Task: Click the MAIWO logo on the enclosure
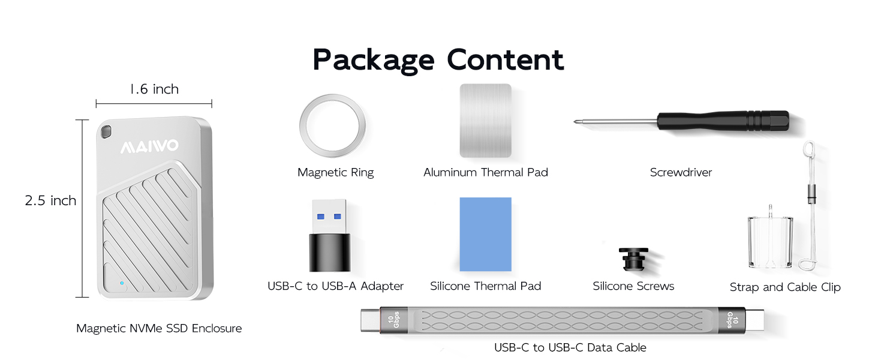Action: point(149,146)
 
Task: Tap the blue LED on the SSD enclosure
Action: point(122,283)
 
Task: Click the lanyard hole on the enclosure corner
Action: point(106,132)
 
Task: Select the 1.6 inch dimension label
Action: point(154,89)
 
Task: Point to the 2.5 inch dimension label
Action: point(50,200)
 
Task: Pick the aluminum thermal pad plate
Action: point(485,121)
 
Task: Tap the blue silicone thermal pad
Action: point(485,234)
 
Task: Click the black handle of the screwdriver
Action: point(723,121)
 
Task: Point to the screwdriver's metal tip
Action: point(575,122)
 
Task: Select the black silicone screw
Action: point(633,259)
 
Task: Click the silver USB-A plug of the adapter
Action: point(329,217)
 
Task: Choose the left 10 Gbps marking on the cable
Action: point(393,320)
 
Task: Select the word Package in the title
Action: point(374,61)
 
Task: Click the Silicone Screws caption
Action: point(633,286)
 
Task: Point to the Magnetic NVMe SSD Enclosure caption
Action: point(159,328)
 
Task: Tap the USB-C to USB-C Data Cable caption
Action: point(570,347)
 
